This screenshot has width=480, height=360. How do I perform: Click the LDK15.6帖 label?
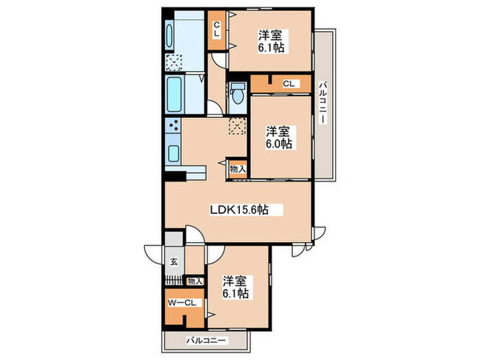(239, 210)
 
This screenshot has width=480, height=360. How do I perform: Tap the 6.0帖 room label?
(278, 143)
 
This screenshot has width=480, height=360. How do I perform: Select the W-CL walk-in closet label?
(182, 303)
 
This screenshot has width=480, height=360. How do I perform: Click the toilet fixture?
(237, 94)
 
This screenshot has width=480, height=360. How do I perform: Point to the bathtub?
(174, 94)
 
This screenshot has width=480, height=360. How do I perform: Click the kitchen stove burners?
(173, 125)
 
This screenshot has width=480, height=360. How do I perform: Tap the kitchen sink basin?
(173, 154)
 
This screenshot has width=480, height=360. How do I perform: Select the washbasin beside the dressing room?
(169, 36)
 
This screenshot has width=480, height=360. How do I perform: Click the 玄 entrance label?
(174, 262)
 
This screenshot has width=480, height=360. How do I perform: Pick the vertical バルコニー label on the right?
(322, 102)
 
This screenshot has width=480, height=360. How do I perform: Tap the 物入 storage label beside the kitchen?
(238, 169)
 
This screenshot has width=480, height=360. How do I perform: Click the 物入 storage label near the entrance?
(195, 281)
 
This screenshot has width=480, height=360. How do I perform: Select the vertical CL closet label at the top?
(217, 29)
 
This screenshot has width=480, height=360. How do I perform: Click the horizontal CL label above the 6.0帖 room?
(289, 84)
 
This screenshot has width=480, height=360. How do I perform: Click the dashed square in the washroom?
(173, 62)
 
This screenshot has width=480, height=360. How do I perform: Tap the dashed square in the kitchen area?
(237, 126)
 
